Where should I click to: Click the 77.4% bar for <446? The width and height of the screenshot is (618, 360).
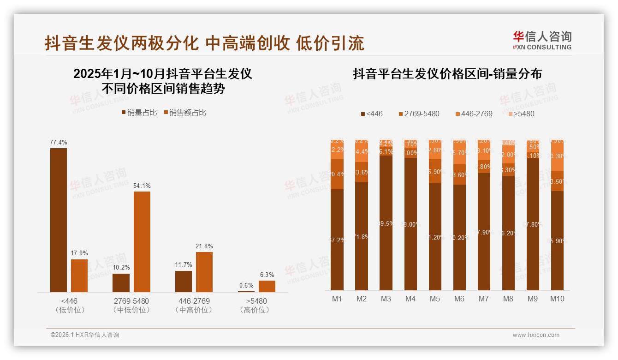[59, 220]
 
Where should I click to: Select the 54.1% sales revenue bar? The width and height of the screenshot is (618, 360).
[142, 241]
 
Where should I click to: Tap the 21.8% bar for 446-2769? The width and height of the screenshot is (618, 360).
[204, 272]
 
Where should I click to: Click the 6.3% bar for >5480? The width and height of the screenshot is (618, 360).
[267, 286]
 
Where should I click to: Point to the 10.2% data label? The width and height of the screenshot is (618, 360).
[121, 267]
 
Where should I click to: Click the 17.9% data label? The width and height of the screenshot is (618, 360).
[79, 253]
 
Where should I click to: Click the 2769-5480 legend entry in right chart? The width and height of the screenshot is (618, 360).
[418, 114]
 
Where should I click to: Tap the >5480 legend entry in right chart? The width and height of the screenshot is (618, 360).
[521, 114]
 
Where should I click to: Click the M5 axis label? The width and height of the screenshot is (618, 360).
[435, 299]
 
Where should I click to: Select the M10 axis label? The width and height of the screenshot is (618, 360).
[557, 299]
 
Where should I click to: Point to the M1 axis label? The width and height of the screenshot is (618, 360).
[337, 299]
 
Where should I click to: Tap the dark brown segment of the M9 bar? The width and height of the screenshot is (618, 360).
[533, 224]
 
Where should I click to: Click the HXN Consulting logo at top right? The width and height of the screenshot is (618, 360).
[542, 41]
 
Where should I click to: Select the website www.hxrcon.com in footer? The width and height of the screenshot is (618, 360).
[536, 335]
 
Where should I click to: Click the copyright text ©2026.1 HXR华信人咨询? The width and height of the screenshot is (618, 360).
[85, 335]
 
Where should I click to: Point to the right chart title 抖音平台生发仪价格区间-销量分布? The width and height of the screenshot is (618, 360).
[447, 74]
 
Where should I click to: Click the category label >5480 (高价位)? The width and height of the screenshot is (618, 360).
[254, 305]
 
